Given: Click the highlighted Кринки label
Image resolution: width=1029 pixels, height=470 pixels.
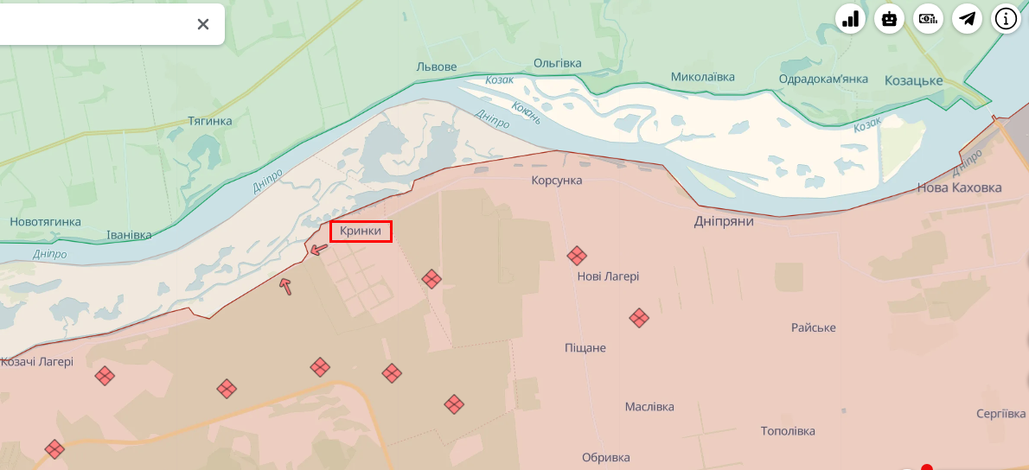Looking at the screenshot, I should [361, 232].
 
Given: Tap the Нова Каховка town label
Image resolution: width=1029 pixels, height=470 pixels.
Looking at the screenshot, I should [959, 187].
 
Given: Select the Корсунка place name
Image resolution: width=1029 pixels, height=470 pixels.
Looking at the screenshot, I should [556, 181].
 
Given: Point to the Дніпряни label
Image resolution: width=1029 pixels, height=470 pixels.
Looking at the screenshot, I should [724, 221].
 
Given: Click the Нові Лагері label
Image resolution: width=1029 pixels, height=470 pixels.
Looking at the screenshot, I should [608, 276].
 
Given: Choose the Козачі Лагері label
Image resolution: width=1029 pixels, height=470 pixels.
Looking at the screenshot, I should [37, 362].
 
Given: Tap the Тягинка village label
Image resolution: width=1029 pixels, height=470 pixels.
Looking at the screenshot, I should [210, 121].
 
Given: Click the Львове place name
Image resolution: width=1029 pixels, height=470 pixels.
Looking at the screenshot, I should [436, 67].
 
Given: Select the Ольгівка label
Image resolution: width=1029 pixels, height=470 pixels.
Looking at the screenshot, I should [557, 63].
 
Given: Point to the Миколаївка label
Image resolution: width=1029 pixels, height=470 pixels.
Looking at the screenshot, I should [702, 77].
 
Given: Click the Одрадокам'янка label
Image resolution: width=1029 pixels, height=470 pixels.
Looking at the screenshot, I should [823, 79].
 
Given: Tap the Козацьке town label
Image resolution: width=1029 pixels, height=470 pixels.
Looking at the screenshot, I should [913, 80].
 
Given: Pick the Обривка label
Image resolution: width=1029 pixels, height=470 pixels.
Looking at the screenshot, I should [605, 457].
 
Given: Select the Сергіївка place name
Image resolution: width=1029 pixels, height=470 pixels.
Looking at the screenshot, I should [1000, 414].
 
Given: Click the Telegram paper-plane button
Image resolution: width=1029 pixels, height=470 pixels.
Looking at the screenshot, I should [968, 18].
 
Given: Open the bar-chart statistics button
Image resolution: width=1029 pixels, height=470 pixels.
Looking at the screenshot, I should [851, 18].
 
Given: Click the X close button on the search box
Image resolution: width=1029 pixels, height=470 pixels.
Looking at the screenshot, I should [203, 24].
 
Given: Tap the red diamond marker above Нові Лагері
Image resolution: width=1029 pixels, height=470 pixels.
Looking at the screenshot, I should [577, 256].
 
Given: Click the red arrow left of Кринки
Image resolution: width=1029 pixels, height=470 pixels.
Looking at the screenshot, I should [319, 250].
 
